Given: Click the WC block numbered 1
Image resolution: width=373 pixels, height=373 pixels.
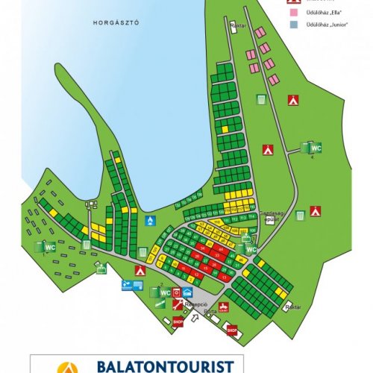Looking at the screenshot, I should point(48,246).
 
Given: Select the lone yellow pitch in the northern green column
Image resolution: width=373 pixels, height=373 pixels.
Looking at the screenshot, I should point(223,129).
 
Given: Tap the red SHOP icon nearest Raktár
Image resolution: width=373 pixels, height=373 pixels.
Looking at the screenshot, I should point(232,329).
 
